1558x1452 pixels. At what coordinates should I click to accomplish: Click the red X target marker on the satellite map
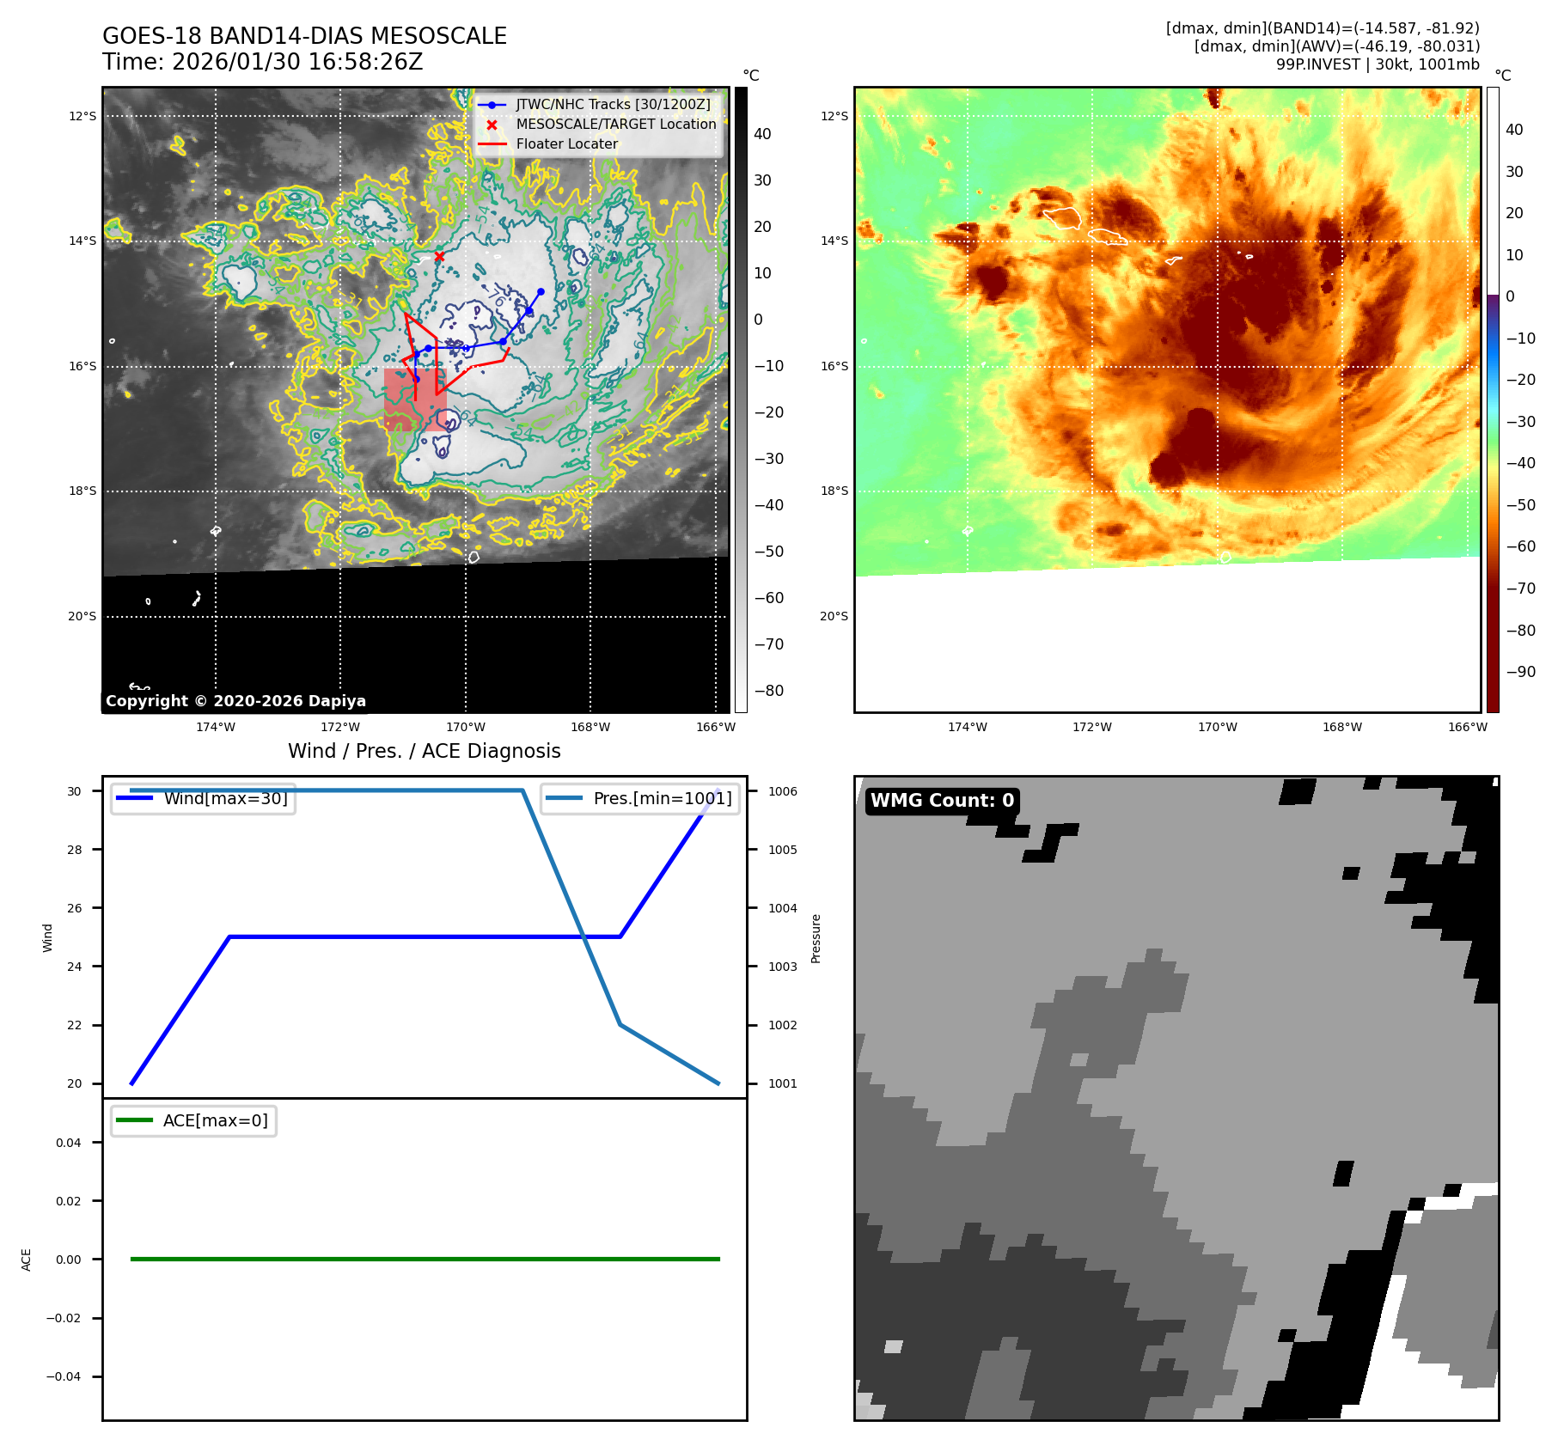pos(439,256)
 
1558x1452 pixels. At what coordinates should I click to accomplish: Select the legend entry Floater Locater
pos(566,144)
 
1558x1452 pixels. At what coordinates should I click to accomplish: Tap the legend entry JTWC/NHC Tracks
pos(613,105)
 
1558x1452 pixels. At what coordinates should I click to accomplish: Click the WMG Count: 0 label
pos(942,801)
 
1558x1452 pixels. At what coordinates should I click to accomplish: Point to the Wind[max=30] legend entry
pos(225,798)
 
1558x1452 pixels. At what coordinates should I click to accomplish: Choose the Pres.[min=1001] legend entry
pos(662,798)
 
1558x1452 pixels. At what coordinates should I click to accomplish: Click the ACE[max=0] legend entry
pos(215,1120)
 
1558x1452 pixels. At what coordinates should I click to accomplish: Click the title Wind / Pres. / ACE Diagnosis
pos(424,751)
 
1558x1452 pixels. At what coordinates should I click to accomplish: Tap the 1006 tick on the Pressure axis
pos(782,791)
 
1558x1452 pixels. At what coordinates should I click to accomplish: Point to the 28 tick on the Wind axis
pos(75,850)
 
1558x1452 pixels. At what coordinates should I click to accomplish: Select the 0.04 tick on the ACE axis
pos(69,1143)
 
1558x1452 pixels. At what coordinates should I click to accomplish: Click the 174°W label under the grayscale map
pos(215,727)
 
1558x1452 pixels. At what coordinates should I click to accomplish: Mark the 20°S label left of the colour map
pos(834,616)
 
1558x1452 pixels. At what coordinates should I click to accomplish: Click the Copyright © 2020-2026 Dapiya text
pos(235,701)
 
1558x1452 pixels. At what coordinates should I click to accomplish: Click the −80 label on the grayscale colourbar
pos(768,691)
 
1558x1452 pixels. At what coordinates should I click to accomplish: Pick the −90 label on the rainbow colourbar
pos(1520,672)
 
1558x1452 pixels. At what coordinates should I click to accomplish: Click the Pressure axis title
pos(816,938)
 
